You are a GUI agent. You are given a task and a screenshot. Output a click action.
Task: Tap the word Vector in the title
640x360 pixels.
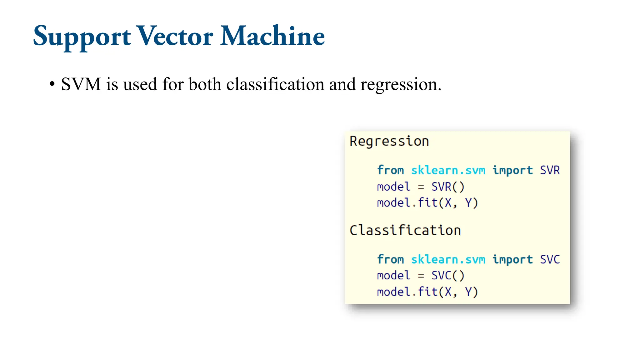(175, 36)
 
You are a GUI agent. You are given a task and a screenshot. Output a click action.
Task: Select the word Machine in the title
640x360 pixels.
(272, 36)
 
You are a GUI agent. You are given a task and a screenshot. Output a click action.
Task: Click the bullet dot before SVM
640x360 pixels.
(52, 84)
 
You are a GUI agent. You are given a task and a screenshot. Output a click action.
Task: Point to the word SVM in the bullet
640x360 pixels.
(81, 84)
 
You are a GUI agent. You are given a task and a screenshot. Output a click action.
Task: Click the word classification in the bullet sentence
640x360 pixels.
(275, 84)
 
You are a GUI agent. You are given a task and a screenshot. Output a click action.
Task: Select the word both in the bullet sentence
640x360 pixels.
(205, 84)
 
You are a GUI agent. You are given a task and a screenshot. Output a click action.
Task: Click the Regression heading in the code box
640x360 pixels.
(389, 142)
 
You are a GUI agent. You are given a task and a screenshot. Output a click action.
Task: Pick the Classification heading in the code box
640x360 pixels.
(405, 231)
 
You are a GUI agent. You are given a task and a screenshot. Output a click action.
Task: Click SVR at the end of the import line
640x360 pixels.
(550, 170)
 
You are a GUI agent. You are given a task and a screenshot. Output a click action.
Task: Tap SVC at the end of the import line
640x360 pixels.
(550, 259)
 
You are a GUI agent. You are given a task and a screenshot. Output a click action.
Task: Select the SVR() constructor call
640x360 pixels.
(448, 187)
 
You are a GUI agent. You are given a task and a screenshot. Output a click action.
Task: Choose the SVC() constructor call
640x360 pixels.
(448, 276)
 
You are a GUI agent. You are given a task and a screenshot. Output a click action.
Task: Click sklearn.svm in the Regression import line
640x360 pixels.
(448, 170)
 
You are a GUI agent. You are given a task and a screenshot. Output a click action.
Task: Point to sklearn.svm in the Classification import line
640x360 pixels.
(448, 259)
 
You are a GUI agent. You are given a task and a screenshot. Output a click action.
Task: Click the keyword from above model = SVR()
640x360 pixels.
(390, 170)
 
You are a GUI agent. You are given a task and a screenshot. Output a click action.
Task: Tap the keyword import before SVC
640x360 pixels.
(512, 259)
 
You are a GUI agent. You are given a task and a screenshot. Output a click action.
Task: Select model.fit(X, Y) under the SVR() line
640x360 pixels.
(427, 203)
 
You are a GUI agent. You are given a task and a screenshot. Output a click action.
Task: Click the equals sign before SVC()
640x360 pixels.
(421, 276)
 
